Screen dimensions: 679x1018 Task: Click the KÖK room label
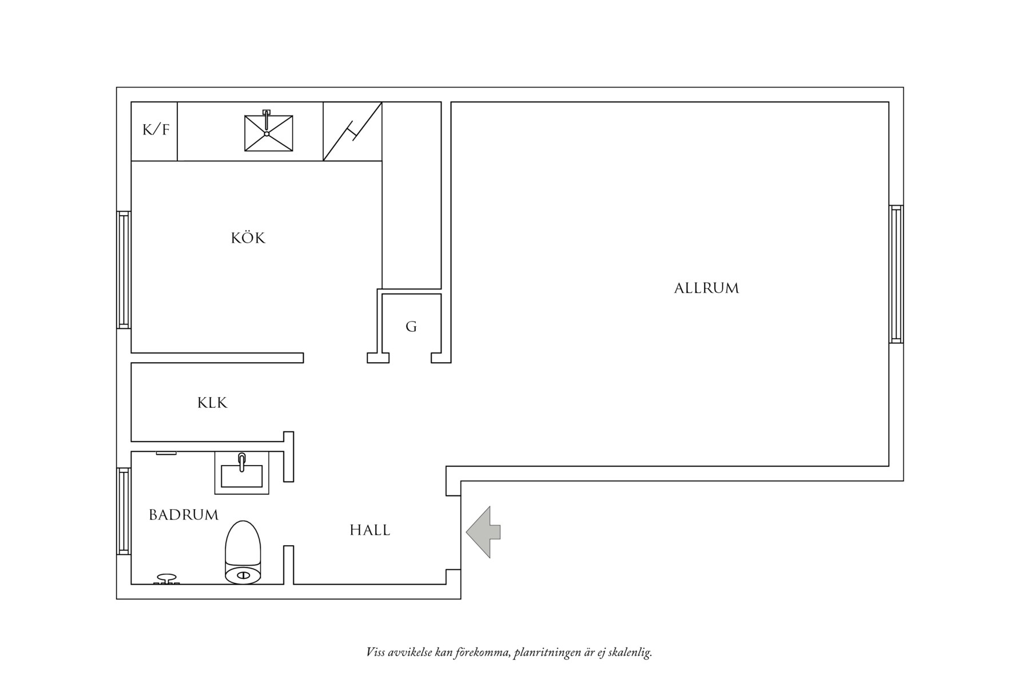point(248,238)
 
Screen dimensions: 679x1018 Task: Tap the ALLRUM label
point(706,288)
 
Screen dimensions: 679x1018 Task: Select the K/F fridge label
point(156,130)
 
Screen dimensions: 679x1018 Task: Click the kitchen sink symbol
point(268,133)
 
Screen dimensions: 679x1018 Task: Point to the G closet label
point(411,327)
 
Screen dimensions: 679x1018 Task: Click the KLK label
point(212,403)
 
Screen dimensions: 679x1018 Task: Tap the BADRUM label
point(184,515)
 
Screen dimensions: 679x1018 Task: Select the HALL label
point(370,530)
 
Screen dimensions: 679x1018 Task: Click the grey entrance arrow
point(483,532)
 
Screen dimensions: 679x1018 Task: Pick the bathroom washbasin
point(241,473)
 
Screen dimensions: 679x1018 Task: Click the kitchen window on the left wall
point(124,269)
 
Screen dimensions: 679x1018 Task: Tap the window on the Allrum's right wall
point(896,274)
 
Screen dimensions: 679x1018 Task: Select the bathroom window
point(124,511)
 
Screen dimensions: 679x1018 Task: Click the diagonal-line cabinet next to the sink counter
point(352,132)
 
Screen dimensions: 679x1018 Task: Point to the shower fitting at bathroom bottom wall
point(166,579)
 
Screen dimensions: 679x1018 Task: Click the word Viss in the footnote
point(376,652)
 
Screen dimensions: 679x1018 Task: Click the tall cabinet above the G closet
point(411,195)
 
